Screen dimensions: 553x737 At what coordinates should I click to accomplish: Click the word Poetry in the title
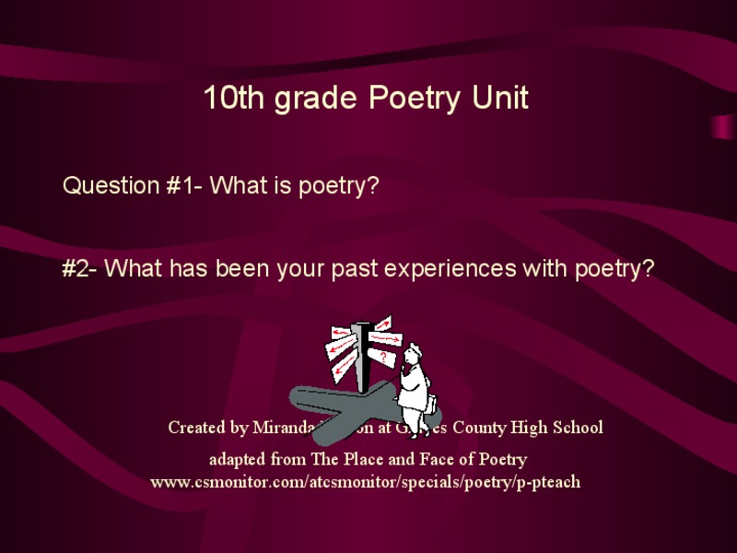click(415, 99)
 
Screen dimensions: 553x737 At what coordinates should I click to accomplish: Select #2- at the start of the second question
click(80, 269)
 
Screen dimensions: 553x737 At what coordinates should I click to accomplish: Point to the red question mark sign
click(383, 356)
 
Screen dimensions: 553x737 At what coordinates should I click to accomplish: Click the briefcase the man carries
click(431, 403)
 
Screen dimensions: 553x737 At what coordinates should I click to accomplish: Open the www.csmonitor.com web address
click(366, 481)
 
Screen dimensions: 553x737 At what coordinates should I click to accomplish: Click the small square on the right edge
click(722, 126)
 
